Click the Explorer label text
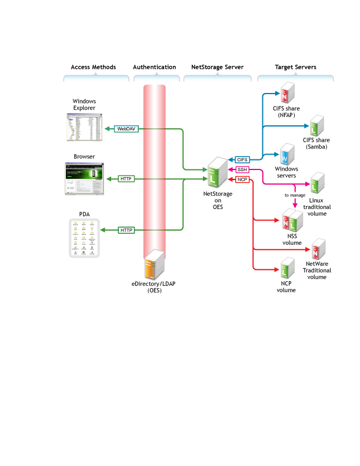(84, 108)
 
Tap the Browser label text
(84, 157)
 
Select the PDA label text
(84, 215)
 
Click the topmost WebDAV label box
(126, 128)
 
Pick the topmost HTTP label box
(126, 179)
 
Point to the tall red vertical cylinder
(155, 165)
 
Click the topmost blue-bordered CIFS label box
(242, 159)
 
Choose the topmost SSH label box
(242, 169)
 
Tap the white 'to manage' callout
(295, 195)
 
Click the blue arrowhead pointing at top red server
(279, 93)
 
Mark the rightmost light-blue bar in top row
(295, 78)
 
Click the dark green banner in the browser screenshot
(84, 175)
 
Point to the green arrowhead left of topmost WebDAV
(106, 128)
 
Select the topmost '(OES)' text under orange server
(154, 290)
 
